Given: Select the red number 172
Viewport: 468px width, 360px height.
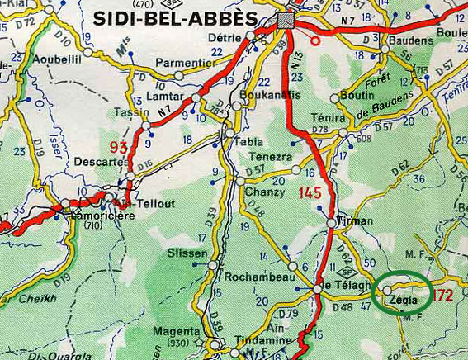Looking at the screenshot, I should [x=443, y=295].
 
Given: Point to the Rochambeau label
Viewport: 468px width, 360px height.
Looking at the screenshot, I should [x=262, y=278].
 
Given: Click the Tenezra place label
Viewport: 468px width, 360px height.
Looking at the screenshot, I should [x=271, y=157].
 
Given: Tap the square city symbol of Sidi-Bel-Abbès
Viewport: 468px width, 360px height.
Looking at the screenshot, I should [x=286, y=21].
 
